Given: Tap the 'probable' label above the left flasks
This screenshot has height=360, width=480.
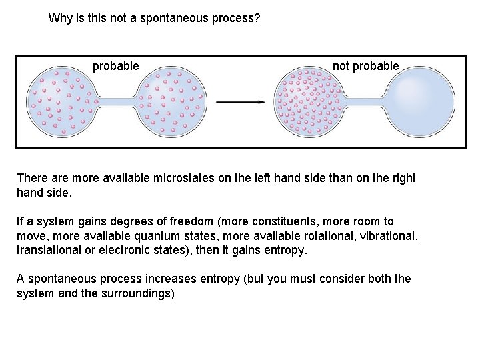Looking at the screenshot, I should [116, 66].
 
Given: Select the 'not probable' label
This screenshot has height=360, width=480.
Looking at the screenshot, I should [365, 66].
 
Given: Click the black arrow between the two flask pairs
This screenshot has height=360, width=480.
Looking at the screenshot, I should [241, 102].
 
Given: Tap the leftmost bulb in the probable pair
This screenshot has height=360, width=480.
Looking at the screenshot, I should [61, 102].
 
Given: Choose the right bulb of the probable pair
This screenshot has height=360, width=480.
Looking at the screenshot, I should [173, 102].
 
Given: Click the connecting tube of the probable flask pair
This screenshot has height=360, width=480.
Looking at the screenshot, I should [117, 102].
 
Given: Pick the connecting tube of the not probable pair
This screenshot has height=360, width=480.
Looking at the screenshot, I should [365, 102].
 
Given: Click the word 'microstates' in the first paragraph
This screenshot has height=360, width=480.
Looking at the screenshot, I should [184, 178].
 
